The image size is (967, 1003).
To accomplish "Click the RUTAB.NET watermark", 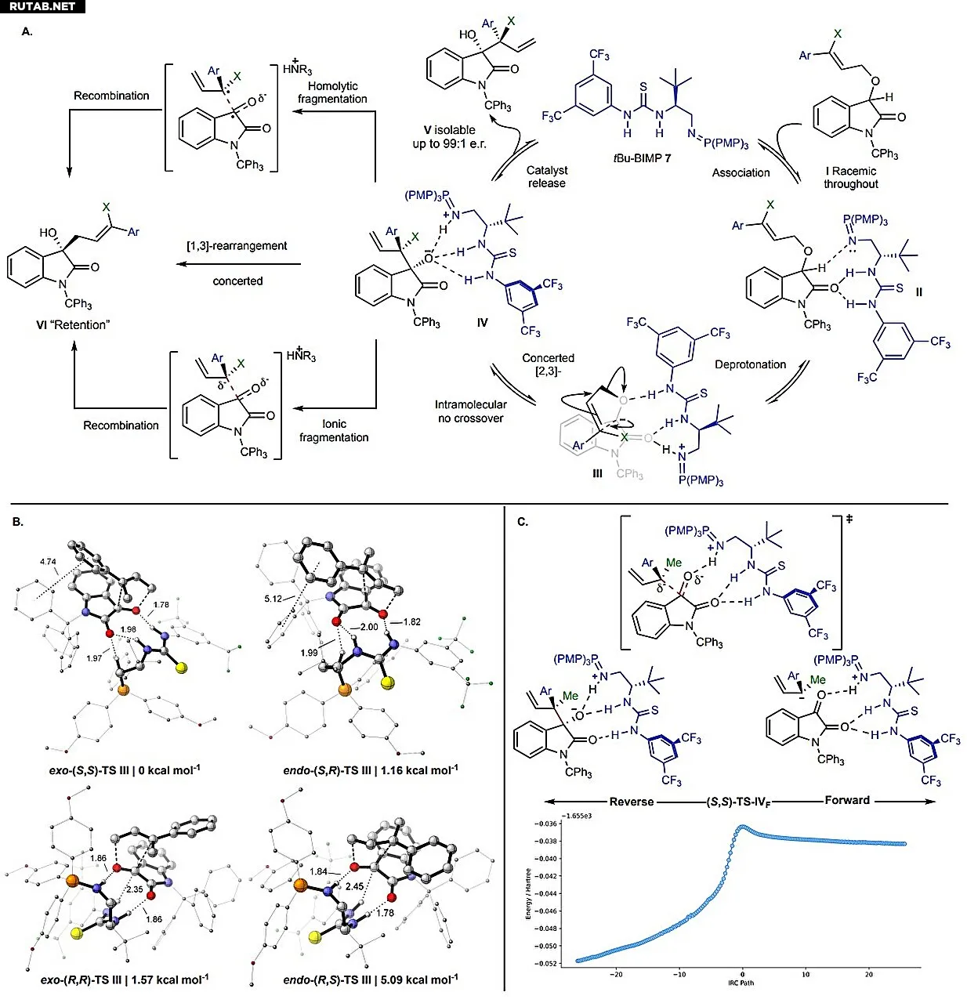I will [42, 6].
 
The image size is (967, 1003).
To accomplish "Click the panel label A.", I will [27, 32].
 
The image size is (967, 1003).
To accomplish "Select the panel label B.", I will [18, 521].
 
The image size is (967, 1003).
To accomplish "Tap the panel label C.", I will [523, 521].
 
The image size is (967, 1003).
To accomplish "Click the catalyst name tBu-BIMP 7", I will [642, 158].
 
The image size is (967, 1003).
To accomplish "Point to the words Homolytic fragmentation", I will [332, 92].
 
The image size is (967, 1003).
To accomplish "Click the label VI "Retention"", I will [73, 325].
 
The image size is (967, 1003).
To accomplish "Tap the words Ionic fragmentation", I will [334, 430].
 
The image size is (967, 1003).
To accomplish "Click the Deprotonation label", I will [750, 364].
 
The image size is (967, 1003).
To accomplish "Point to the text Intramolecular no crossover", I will [470, 411].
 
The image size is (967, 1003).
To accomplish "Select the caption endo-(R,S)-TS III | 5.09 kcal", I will [371, 979].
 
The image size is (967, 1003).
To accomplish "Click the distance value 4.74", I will [48, 561].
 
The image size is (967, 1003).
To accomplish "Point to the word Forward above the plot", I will [847, 800].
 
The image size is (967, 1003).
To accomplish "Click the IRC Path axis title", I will [740, 983].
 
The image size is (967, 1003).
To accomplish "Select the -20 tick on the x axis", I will [616, 974].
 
